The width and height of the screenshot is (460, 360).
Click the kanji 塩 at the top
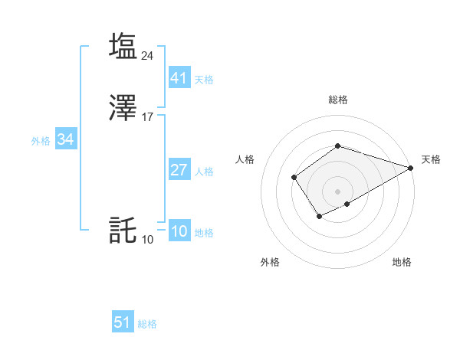tap(123, 46)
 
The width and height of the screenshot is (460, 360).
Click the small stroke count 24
tap(148, 55)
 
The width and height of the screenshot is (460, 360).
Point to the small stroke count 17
tap(148, 117)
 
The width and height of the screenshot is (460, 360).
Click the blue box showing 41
tap(179, 77)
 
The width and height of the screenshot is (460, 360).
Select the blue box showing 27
tap(179, 170)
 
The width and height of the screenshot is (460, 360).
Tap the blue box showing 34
tap(65, 139)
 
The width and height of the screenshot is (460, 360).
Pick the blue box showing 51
tap(123, 322)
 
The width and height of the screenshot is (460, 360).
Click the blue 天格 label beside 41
tap(204, 79)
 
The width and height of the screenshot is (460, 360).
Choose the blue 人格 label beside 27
tap(204, 172)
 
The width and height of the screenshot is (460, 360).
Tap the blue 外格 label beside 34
tap(40, 141)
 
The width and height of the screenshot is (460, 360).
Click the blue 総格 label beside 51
tap(147, 324)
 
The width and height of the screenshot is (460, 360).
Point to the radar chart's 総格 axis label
tap(337, 100)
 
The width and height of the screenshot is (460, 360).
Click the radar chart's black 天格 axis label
tap(431, 159)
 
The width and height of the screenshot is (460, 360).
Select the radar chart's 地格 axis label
tap(402, 262)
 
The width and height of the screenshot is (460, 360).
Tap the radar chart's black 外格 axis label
tap(270, 262)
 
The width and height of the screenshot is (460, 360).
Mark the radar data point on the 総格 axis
tap(337, 146)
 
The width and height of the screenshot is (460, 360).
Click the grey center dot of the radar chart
tap(337, 191)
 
